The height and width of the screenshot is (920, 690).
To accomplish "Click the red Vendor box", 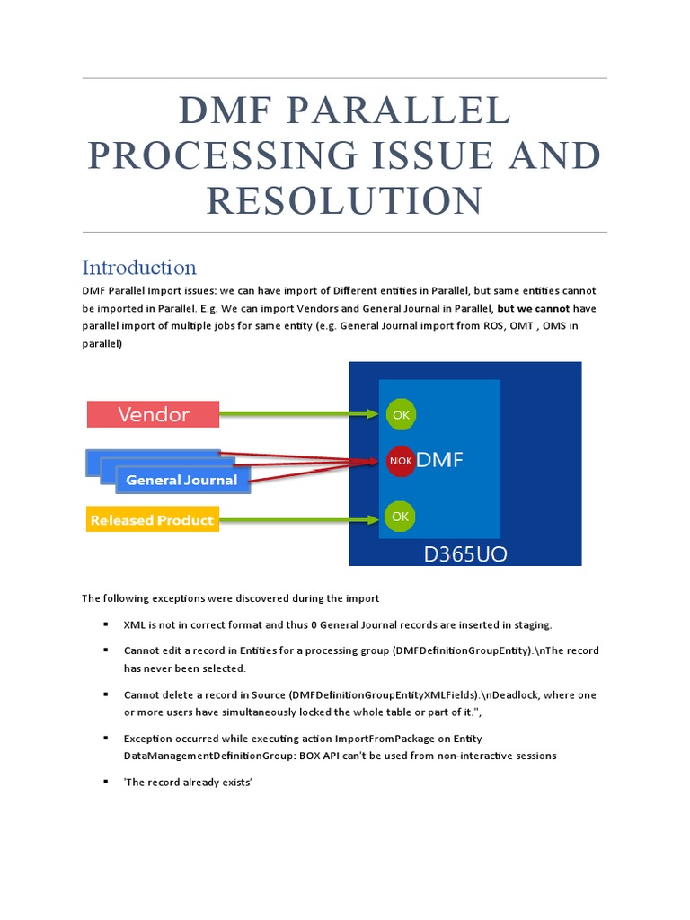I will (x=153, y=414).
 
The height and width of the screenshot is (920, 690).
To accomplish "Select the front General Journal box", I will (x=182, y=480).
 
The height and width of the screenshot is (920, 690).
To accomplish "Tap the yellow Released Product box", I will (x=152, y=520).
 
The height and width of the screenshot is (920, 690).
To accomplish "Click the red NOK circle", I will (x=400, y=461).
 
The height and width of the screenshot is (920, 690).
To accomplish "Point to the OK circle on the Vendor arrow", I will (x=400, y=414).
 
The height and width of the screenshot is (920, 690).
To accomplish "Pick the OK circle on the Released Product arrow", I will (x=400, y=516).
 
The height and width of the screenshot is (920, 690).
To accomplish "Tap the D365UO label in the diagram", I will (x=465, y=554).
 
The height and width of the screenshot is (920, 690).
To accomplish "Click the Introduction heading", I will (x=139, y=267).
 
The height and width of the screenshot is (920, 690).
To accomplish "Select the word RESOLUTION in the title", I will (x=344, y=200).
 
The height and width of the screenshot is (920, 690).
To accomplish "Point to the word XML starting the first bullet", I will (x=134, y=624).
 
